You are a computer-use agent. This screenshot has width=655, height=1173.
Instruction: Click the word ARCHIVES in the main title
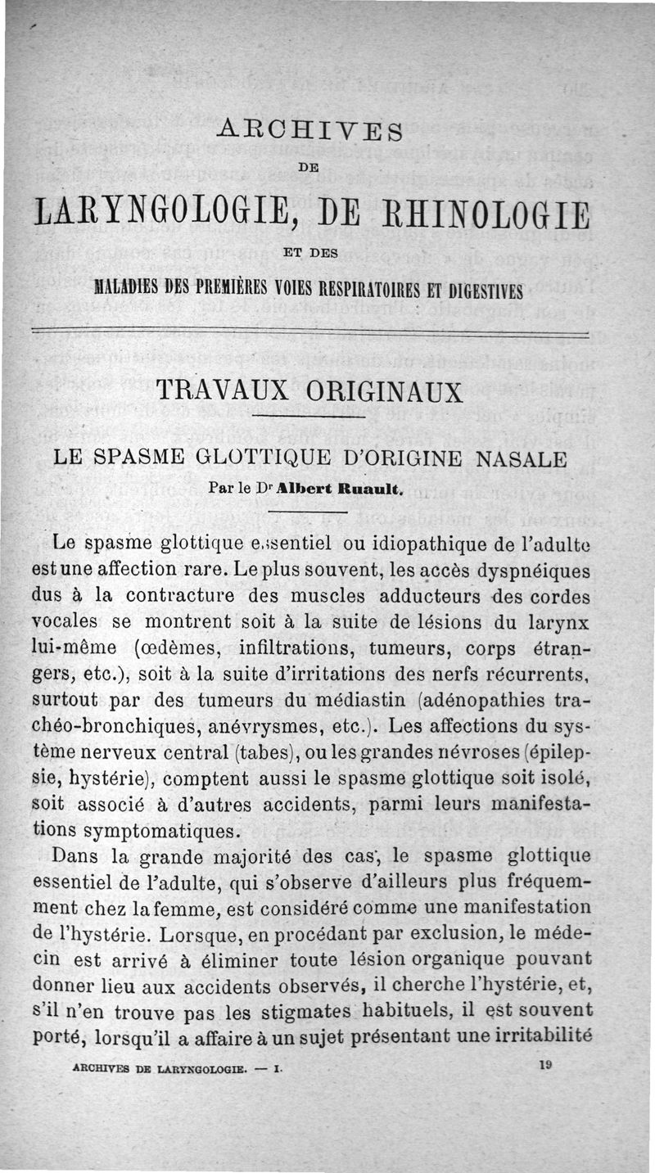point(311,130)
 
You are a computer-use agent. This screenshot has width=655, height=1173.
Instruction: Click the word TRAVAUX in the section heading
point(222,391)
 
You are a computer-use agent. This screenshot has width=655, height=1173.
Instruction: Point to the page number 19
point(546,1065)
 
